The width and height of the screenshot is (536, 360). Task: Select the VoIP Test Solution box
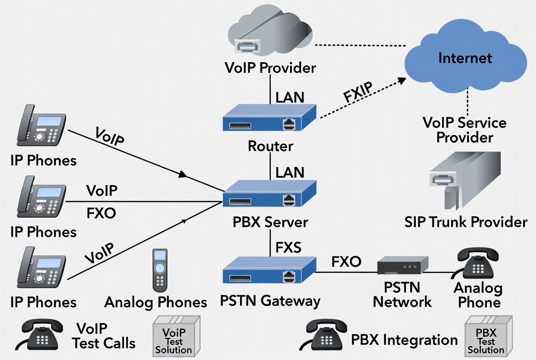173,336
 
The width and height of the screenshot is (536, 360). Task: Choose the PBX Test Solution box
486,336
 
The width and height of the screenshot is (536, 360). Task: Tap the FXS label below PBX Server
288,248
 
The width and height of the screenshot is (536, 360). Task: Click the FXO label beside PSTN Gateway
346,262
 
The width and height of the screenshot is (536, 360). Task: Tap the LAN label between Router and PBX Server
290,172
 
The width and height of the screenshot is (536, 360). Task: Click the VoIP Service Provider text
464,129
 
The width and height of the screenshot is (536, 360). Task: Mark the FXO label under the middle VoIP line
101,213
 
